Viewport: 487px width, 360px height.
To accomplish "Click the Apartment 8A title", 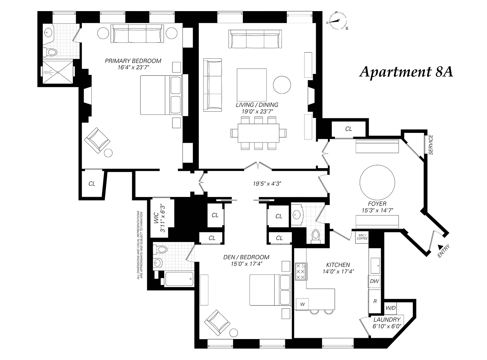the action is pos(406,72).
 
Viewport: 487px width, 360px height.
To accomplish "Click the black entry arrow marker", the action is pos(440,246).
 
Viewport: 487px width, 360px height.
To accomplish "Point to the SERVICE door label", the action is pos(431,145).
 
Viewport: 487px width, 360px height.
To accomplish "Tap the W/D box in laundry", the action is pos(390,308).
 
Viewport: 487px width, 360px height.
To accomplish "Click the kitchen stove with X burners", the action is pos(300,272).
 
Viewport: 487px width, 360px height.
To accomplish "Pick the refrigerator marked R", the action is pos(375,301).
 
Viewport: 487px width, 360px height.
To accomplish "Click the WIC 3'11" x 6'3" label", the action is pos(161,218).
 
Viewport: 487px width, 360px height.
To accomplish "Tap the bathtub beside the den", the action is pos(179,279).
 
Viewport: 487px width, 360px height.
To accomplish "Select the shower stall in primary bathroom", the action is pos(58,72).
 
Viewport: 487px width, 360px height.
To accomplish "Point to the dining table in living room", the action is pos(258,133).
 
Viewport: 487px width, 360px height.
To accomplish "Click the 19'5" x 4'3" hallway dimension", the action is pos(267,183).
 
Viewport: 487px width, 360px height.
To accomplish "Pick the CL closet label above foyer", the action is pos(348,129).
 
